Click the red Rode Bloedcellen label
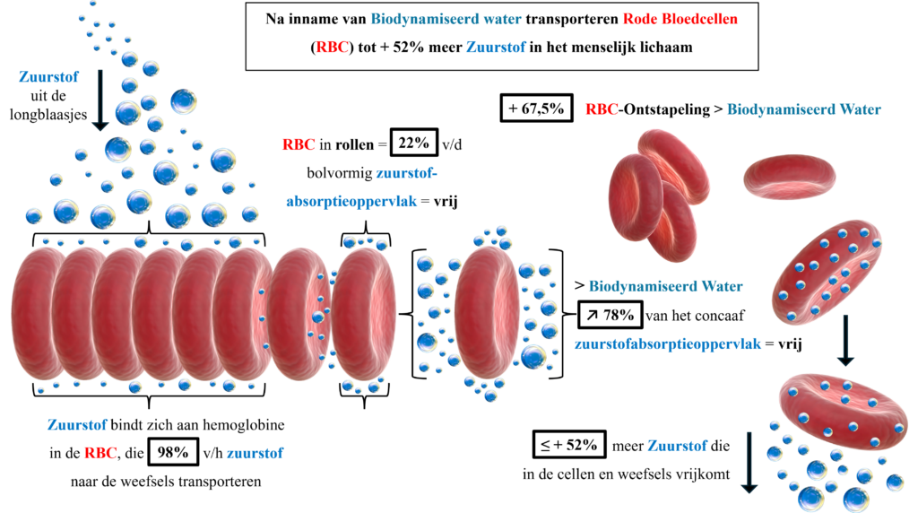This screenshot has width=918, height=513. click(680, 19)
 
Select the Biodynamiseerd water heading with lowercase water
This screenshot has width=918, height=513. click(446, 19)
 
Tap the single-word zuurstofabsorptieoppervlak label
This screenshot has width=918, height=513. click(668, 343)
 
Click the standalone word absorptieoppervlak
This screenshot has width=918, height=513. click(351, 202)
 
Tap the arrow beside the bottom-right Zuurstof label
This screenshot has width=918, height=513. click(749, 462)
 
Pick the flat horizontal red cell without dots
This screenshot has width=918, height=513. click(789, 176)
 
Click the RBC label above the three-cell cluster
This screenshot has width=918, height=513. click(602, 109)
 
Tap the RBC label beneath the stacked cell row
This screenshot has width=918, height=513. click(100, 454)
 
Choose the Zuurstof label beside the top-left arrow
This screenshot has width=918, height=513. click(48, 77)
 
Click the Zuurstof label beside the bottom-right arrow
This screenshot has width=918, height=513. click(677, 446)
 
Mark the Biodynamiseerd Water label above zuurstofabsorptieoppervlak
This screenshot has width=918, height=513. click(665, 287)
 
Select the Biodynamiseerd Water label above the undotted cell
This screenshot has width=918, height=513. click(803, 109)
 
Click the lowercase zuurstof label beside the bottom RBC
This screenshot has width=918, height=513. click(255, 454)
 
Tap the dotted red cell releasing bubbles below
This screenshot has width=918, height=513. click(843, 409)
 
